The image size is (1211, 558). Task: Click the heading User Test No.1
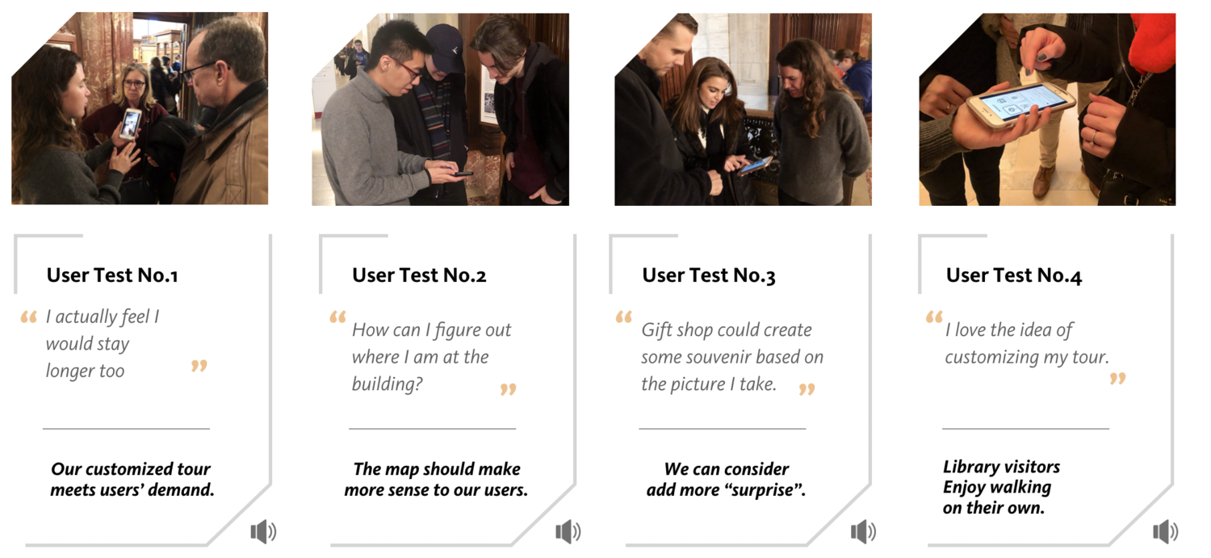(112, 275)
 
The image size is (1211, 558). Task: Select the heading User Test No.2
(419, 275)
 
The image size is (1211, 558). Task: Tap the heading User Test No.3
(709, 275)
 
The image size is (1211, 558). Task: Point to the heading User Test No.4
(1014, 275)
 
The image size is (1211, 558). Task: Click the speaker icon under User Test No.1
(263, 531)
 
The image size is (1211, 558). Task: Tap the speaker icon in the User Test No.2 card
(568, 531)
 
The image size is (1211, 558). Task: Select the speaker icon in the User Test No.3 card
(863, 531)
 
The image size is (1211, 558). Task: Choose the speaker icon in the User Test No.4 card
(1166, 531)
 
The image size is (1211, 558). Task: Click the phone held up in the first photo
(130, 124)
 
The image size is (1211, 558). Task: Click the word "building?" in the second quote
(387, 384)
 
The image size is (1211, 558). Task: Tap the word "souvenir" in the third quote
(716, 357)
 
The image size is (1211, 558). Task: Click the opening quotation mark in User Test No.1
(28, 317)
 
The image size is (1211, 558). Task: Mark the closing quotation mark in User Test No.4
(1118, 378)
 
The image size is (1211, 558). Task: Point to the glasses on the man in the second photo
(409, 71)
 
